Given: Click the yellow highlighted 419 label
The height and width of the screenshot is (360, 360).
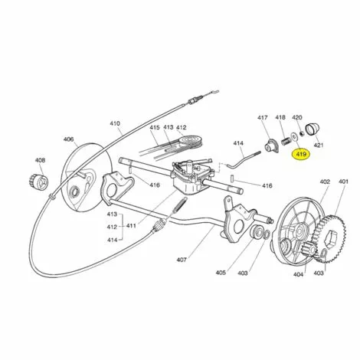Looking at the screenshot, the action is click(301, 155).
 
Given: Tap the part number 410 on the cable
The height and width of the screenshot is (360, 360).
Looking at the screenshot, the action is click(115, 123).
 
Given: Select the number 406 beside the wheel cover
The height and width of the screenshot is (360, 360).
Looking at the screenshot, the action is click(68, 139).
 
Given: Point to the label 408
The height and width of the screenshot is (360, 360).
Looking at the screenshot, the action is click(40, 160).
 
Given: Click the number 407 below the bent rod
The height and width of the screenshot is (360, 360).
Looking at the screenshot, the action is click(182, 260).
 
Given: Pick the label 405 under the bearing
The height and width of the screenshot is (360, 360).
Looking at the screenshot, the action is click(221, 273).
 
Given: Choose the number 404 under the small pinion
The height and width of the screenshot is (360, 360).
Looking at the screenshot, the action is click(298, 274).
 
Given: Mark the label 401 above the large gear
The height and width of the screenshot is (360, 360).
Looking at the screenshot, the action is click(343, 182).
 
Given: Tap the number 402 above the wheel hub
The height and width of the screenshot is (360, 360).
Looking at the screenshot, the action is click(325, 182).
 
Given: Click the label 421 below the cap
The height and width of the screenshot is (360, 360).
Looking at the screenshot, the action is click(318, 146).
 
